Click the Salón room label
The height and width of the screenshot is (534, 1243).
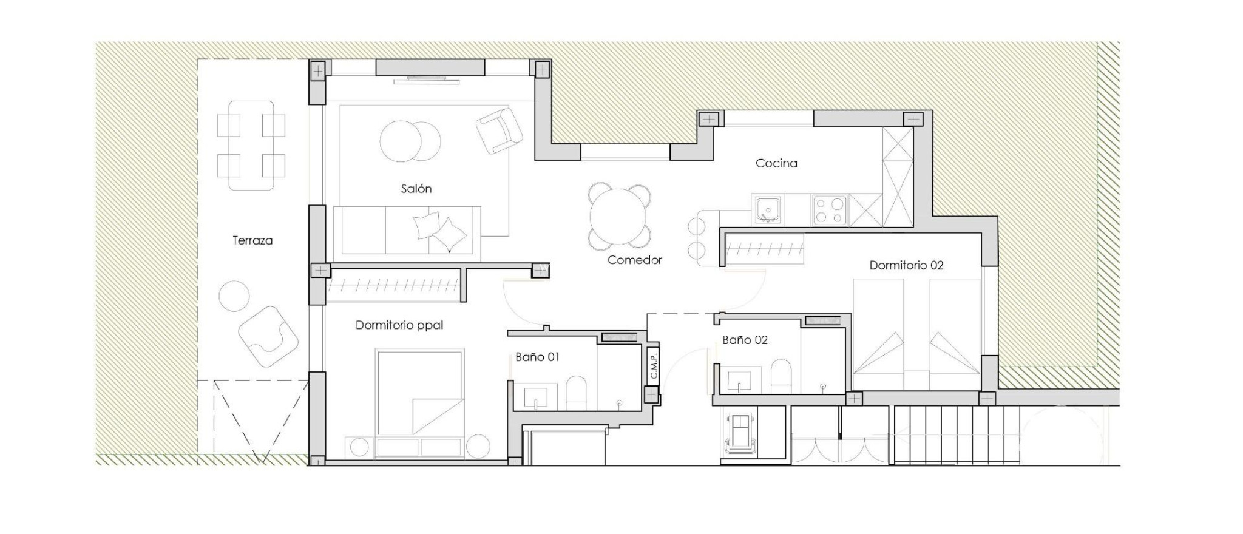point(416,189)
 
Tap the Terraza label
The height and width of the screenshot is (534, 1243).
point(252,240)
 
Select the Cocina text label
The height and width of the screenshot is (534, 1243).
point(776,163)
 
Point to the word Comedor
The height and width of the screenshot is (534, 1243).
point(634,260)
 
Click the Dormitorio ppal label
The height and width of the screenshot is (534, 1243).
point(399,325)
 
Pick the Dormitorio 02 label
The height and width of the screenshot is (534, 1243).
point(906,265)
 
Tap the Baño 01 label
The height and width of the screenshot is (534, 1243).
point(537,357)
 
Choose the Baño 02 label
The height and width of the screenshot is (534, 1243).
point(745,340)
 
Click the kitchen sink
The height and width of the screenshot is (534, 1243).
point(768,210)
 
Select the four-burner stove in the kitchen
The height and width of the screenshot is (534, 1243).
point(830,210)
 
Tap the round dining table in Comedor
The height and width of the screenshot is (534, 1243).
point(619,217)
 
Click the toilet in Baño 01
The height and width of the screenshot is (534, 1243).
point(576,393)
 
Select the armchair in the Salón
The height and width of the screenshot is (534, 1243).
point(499,130)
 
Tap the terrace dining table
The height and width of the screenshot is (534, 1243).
point(251,146)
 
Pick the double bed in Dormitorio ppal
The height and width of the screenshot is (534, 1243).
point(420,391)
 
